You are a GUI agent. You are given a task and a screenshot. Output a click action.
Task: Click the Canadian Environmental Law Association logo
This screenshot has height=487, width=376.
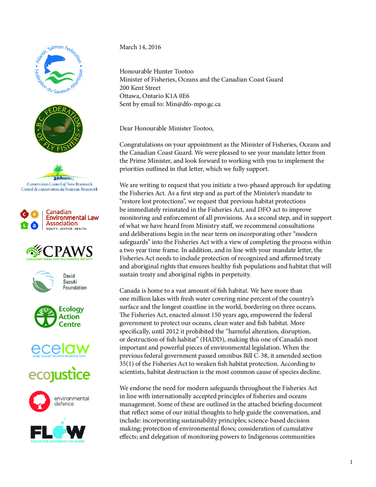(59, 219)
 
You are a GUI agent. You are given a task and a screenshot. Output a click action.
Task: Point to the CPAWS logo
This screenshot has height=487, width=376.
(59, 252)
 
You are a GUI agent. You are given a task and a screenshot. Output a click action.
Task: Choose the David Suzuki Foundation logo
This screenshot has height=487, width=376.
(59, 281)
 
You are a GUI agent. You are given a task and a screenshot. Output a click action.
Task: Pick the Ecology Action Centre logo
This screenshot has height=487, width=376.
(59, 317)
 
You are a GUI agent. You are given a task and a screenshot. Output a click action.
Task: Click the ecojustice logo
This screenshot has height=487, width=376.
(59, 374)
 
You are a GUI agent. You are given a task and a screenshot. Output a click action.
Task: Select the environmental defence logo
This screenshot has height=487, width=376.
(59, 401)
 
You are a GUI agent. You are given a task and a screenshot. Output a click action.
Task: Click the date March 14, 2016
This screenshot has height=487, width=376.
(140, 47)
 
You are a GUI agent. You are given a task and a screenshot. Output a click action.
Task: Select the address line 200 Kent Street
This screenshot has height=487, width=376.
(140, 88)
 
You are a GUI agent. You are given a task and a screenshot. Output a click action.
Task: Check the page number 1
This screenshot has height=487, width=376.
(351, 462)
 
